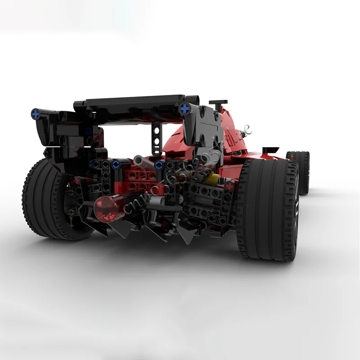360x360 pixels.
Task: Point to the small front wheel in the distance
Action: (299, 171)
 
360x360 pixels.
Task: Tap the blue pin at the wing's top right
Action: (185, 108)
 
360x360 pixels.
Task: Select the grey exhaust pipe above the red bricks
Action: (143, 161)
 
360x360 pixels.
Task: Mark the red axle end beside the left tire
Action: (76, 181)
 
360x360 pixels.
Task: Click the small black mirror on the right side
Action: (270, 149)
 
